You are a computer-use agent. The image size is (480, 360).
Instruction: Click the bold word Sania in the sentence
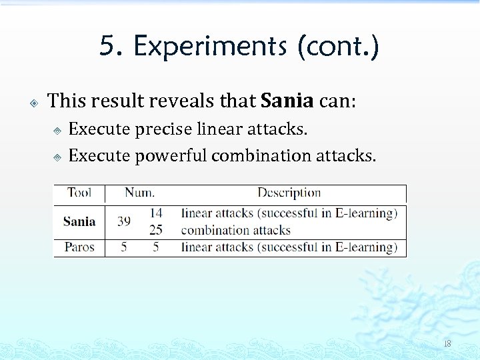point(287,101)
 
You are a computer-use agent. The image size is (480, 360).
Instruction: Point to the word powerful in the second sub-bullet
point(170,155)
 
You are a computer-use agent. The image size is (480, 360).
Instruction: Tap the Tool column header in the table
point(79,193)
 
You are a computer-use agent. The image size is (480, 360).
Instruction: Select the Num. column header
point(139,193)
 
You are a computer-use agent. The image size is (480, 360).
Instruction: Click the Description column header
point(289,193)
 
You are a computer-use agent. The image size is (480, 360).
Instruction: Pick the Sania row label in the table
point(79,221)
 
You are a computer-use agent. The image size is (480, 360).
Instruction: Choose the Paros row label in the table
point(79,247)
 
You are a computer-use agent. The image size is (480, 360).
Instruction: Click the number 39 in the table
point(125,221)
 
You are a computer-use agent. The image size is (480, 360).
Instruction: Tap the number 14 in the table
point(156,213)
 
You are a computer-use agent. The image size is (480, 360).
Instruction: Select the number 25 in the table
point(156,230)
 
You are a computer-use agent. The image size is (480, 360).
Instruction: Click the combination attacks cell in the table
point(236,230)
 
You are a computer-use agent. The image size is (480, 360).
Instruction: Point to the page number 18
point(447,343)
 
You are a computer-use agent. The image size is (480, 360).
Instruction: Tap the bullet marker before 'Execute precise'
point(57,131)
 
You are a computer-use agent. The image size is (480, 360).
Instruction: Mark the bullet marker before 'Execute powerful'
point(57,157)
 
